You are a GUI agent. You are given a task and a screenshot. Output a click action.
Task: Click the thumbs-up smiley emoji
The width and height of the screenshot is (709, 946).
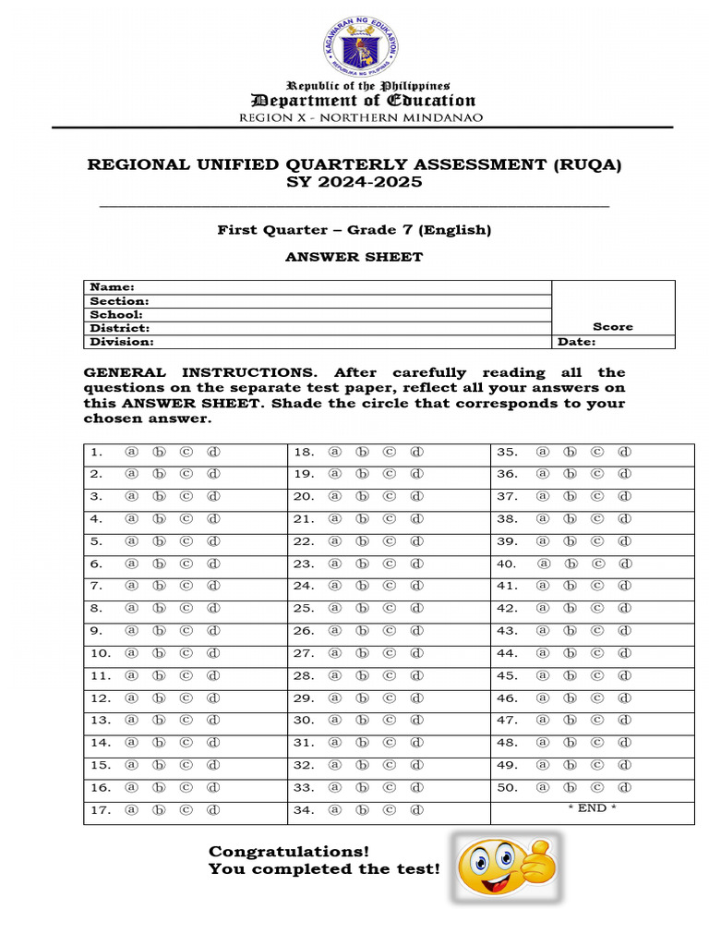click(x=506, y=867)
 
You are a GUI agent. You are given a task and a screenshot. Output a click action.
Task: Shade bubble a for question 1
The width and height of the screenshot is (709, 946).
click(x=131, y=452)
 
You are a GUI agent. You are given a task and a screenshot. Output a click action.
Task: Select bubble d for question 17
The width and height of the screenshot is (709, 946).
click(x=213, y=810)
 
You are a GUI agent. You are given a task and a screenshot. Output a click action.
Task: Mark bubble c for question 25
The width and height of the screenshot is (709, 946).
click(x=390, y=608)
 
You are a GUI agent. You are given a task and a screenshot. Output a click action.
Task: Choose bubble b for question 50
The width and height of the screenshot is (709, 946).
click(x=570, y=787)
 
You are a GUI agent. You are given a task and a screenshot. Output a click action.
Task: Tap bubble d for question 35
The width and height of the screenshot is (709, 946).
click(x=624, y=452)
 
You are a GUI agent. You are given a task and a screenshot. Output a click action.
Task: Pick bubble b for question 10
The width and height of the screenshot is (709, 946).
click(x=158, y=653)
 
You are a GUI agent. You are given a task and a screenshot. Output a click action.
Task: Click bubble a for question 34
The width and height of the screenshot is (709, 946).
click(x=335, y=810)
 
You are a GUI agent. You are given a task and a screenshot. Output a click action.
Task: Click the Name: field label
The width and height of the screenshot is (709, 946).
click(x=112, y=287)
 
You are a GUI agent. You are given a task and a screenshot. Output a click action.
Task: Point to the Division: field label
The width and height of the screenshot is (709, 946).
click(x=122, y=342)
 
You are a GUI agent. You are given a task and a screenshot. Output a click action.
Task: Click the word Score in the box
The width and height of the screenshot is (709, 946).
click(x=613, y=326)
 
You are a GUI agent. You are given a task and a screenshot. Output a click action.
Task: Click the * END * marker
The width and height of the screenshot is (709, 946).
click(x=592, y=807)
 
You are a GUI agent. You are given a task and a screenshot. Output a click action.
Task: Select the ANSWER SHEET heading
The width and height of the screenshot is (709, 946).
click(x=354, y=257)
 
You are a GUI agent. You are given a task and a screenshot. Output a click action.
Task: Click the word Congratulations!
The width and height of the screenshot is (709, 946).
click(x=289, y=851)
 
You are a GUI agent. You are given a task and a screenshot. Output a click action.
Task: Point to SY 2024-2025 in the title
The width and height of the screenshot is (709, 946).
click(x=354, y=182)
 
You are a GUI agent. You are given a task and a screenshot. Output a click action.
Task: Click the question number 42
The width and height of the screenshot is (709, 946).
click(x=507, y=608)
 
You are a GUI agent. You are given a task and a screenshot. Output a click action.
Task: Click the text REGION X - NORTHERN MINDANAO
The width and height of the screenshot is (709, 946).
click(x=360, y=117)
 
